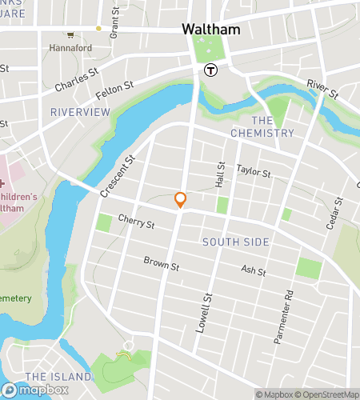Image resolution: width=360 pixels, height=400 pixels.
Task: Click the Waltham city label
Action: point(211,28)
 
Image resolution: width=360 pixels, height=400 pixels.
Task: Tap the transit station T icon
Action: point(211,70)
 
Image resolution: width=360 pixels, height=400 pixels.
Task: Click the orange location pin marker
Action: point(181,200)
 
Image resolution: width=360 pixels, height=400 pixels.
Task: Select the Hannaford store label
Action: point(70,47)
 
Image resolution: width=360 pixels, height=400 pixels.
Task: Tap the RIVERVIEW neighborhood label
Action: point(79,112)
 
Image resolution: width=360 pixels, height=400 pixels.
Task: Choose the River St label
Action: point(323,90)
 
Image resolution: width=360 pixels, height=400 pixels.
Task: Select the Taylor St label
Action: point(254,170)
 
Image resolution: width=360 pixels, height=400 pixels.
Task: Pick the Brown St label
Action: point(161,263)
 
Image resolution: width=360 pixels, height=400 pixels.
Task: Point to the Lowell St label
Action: point(205,312)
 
